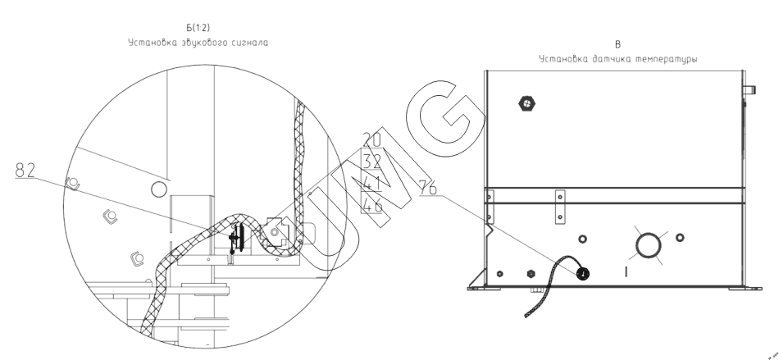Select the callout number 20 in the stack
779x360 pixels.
tap(371, 141)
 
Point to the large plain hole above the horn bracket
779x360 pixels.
tap(157, 191)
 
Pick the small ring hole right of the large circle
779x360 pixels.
tap(679, 238)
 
